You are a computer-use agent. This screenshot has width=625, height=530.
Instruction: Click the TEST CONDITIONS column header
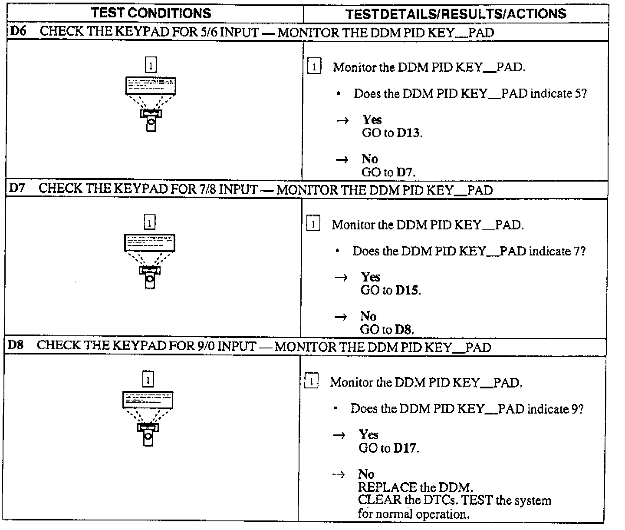tap(151, 13)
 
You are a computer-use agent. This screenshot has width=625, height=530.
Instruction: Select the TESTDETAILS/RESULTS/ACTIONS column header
tap(456, 14)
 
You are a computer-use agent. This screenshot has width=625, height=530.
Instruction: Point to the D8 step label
tap(16, 345)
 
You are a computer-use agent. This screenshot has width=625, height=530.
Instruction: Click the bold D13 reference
tap(409, 133)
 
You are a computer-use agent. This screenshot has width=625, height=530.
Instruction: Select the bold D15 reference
tap(407, 290)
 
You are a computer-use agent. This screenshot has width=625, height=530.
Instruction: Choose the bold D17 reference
tap(405, 447)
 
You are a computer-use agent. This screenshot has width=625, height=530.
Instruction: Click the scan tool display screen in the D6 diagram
tap(151, 86)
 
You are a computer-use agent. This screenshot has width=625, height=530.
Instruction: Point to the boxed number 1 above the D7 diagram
tap(149, 222)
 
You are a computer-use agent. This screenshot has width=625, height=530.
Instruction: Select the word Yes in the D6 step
tap(372, 120)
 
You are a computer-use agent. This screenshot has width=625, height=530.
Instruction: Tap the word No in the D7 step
tap(368, 316)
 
